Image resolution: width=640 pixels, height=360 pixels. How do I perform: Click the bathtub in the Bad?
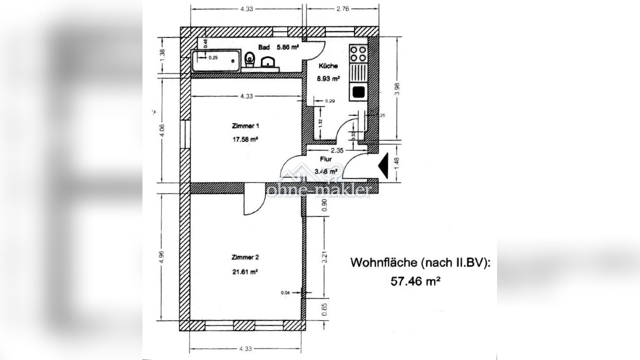pyautogui.click(x=215, y=60)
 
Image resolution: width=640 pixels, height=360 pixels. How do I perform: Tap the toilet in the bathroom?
pyautogui.click(x=249, y=60)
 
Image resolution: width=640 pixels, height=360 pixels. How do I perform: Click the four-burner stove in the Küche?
pyautogui.click(x=358, y=53)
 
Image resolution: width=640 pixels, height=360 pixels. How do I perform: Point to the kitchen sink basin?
pyautogui.click(x=358, y=92)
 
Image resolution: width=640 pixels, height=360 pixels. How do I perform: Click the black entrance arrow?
pyautogui.click(x=383, y=167)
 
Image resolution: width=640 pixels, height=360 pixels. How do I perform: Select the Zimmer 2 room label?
pyautogui.click(x=245, y=257)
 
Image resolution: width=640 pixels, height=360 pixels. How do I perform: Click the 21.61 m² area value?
pyautogui.click(x=245, y=271)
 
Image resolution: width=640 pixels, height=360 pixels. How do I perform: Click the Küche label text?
pyautogui.click(x=328, y=66)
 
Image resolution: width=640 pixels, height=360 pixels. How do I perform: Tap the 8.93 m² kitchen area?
pyautogui.click(x=329, y=79)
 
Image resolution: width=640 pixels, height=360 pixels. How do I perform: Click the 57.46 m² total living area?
pyautogui.click(x=416, y=281)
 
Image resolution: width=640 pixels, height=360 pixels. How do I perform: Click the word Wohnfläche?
pyautogui.click(x=384, y=263)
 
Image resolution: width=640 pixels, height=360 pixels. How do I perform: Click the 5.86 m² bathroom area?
pyautogui.click(x=287, y=48)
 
